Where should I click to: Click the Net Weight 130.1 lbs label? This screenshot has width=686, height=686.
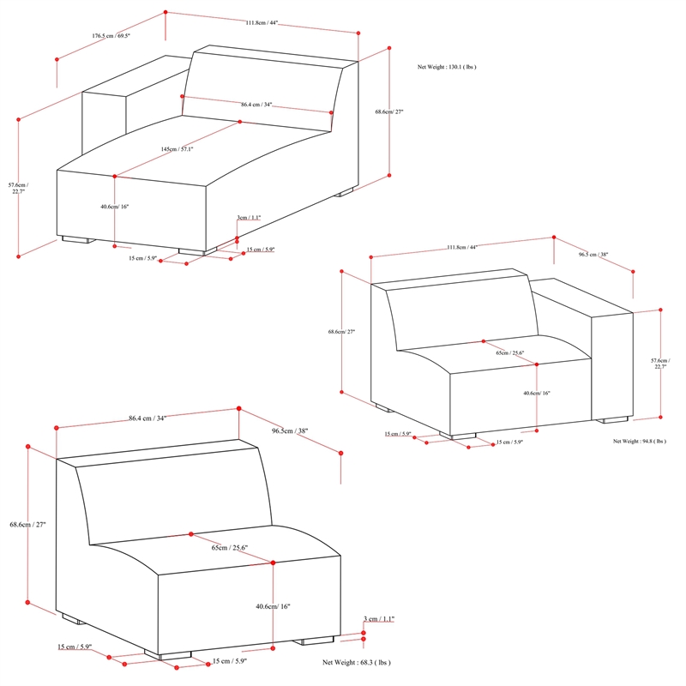(446, 66)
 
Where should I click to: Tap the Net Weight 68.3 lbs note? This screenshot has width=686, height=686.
(356, 663)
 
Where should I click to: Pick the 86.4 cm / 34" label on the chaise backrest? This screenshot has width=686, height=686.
(257, 105)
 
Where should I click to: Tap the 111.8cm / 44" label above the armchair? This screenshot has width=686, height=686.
(462, 247)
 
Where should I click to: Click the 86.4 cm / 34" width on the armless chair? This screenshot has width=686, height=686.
(147, 418)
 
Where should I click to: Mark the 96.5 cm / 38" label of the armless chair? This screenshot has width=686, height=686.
(289, 431)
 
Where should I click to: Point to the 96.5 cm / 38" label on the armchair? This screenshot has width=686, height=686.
(593, 255)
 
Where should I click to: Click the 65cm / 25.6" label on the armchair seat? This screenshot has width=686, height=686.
(509, 352)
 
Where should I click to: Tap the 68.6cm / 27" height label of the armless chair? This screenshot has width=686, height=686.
(27, 525)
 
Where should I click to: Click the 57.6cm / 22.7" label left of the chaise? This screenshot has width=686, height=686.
(18, 189)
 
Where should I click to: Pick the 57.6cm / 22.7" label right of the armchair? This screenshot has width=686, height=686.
(660, 362)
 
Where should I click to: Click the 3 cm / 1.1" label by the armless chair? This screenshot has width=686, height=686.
(379, 618)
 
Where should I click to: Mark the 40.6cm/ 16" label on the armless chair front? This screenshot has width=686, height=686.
(273, 606)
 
